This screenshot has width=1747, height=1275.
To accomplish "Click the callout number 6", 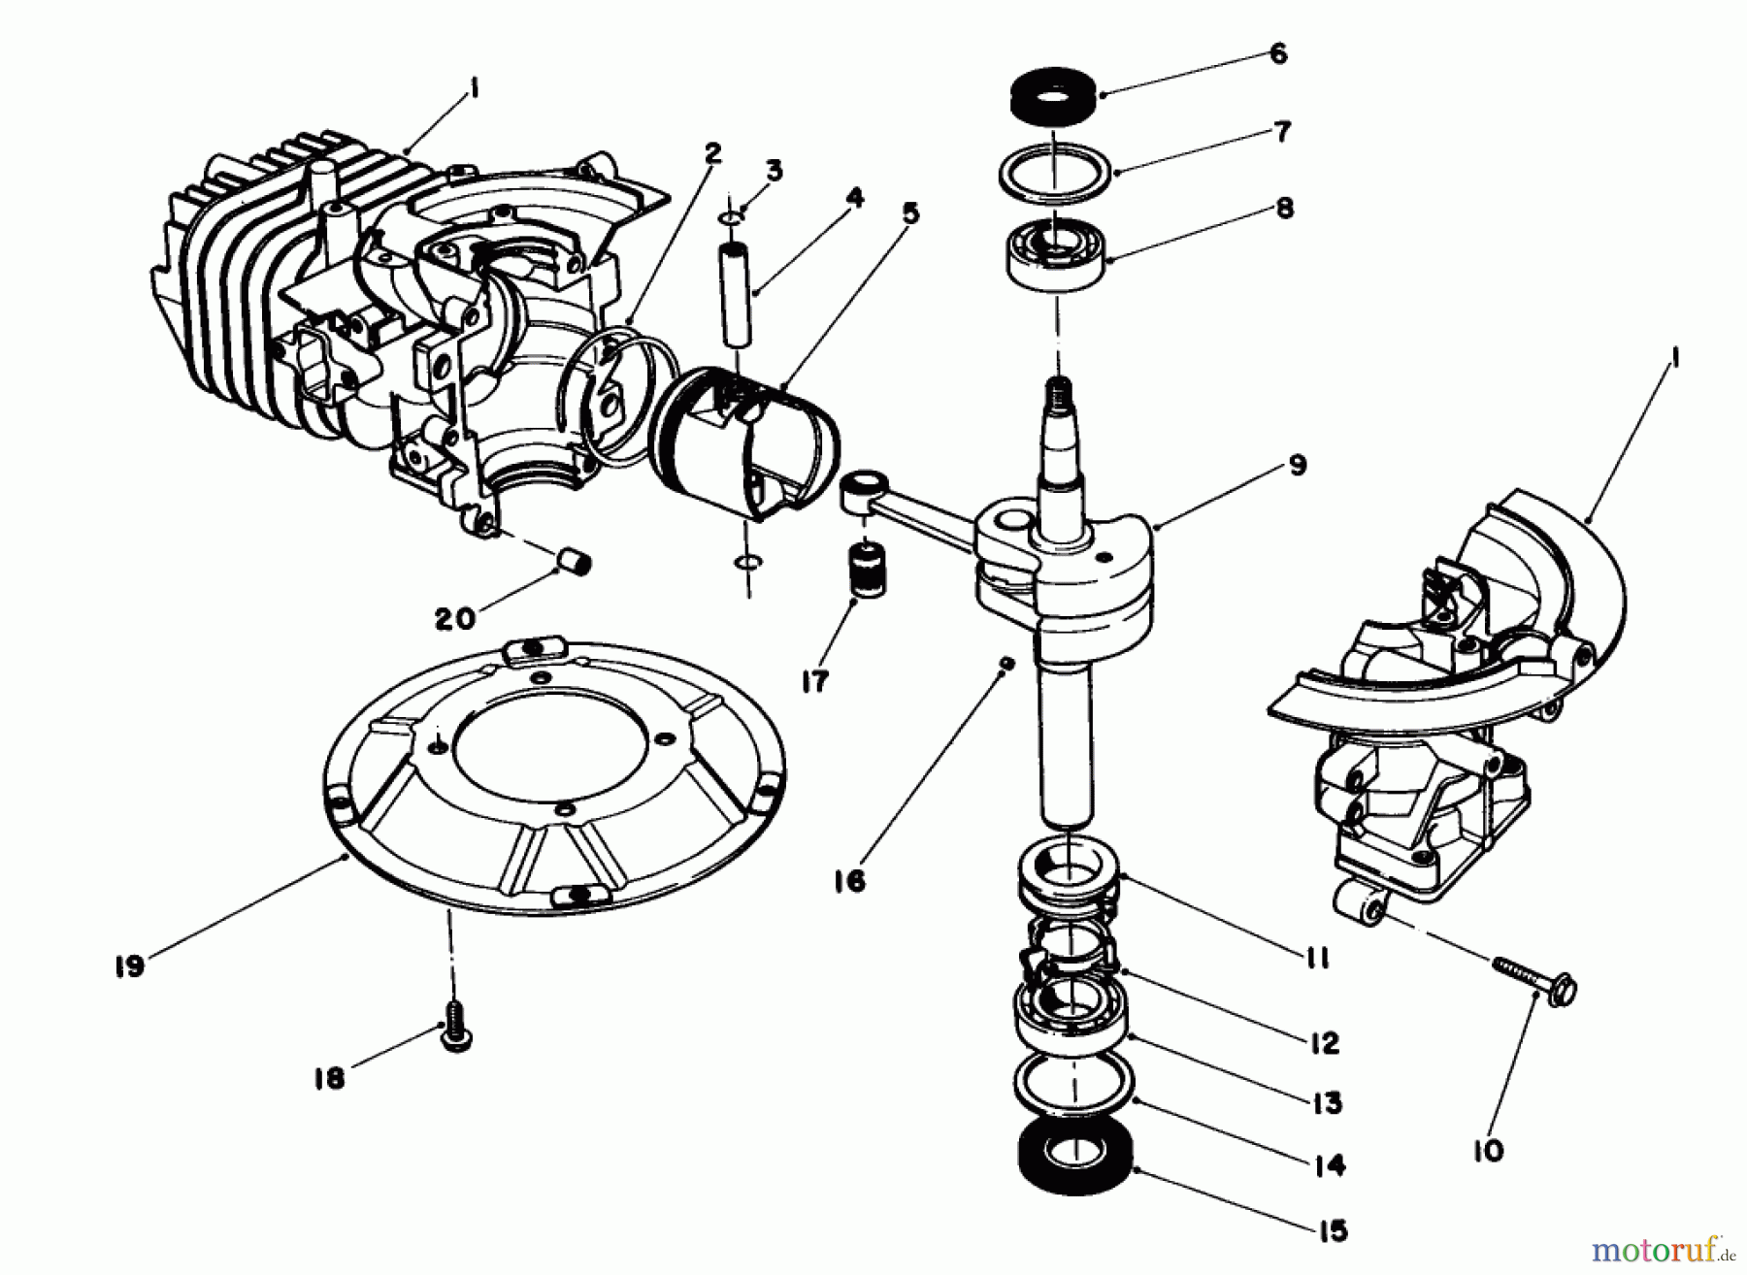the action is pos(1278,54).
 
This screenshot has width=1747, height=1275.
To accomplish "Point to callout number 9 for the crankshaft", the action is pos(1298,465).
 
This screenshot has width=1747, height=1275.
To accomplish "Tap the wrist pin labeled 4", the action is pos(736,292).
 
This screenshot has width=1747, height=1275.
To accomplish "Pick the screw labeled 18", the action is pos(454,1030).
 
